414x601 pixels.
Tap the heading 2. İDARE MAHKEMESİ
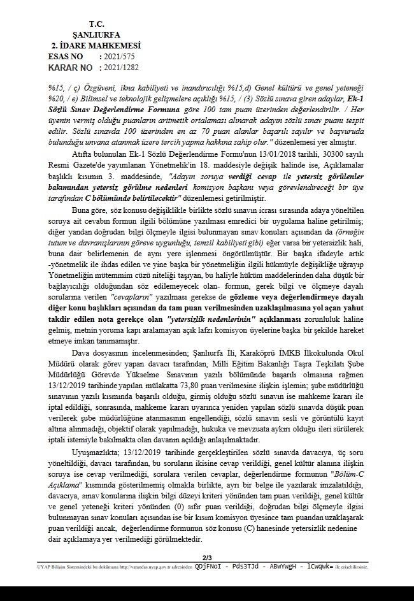tap(96, 45)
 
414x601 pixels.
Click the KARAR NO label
tap(69, 67)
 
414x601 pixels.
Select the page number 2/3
tap(207, 558)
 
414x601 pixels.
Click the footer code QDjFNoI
tap(210, 565)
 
